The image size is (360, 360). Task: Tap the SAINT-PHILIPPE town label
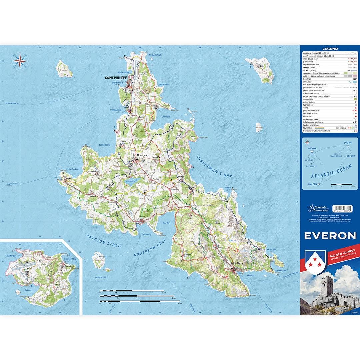[116, 77]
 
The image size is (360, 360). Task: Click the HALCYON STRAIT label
[104, 240]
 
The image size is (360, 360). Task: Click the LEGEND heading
[330, 49]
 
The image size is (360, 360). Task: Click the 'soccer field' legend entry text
[309, 99]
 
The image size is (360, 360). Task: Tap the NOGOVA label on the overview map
[312, 148]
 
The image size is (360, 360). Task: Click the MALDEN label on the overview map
[312, 184]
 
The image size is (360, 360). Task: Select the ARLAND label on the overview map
[351, 156]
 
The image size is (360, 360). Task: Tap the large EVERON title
[330, 236]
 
